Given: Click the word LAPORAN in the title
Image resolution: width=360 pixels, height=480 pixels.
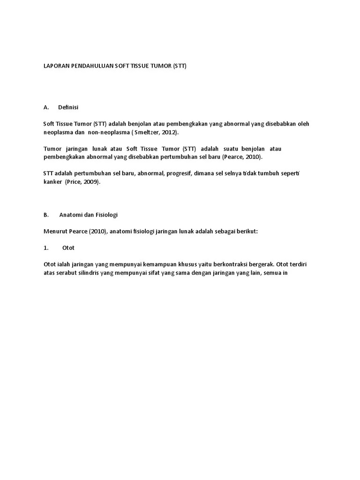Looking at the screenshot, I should tap(55, 66).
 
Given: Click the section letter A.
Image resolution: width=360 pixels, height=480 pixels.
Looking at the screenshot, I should tap(46, 107).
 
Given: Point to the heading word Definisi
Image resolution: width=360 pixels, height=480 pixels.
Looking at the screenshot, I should tap(68, 107).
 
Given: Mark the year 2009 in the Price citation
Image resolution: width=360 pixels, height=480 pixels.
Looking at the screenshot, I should tap(91, 182).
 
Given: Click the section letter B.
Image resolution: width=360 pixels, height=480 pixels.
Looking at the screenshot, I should tap(46, 215).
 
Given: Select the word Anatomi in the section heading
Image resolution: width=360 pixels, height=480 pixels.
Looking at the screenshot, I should tap(71, 215).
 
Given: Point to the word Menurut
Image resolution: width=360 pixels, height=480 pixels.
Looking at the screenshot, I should tap(56, 231).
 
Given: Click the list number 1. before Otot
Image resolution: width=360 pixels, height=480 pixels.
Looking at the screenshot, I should tap(46, 247).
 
